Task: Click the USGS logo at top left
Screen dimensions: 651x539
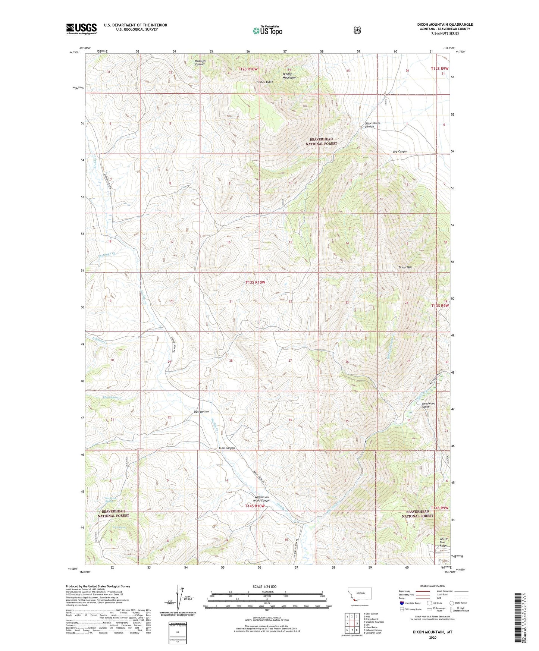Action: point(81,29)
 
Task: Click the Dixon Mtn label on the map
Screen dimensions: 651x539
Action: point(405,267)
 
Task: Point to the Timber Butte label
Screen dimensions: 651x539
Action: point(264,82)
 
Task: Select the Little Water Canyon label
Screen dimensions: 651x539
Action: point(372,125)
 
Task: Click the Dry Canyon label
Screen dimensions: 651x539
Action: point(400,151)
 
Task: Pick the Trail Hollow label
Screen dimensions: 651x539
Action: point(201,412)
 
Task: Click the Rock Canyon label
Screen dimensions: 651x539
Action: point(226,448)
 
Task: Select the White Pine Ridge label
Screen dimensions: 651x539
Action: point(443,542)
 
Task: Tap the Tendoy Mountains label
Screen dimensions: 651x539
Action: point(289,76)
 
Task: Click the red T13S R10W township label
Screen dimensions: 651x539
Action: point(255,282)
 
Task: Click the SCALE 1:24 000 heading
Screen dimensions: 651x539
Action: point(264,586)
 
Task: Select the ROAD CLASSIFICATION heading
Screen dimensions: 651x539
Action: point(432,586)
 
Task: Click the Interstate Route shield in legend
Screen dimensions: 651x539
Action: point(401,603)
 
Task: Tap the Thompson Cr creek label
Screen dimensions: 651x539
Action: point(112,397)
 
